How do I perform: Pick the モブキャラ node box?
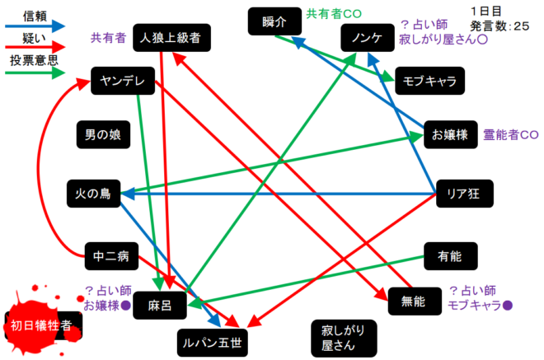click(430, 80)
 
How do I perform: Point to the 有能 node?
click(449, 256)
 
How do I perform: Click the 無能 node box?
click(412, 302)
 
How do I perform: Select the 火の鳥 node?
click(92, 194)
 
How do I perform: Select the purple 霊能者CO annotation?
click(511, 135)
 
